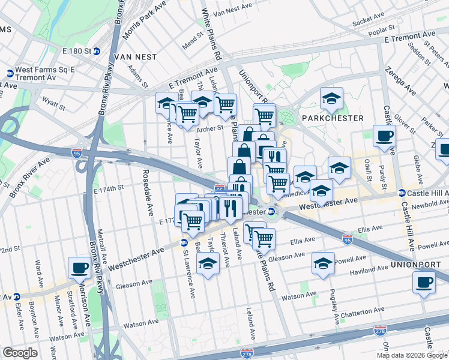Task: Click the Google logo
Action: (x=20, y=353)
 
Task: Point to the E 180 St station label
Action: (x=80, y=52)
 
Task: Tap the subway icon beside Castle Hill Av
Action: (x=403, y=193)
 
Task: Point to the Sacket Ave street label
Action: (x=368, y=22)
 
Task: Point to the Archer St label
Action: (x=210, y=127)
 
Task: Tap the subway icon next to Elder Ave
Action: (x=17, y=296)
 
